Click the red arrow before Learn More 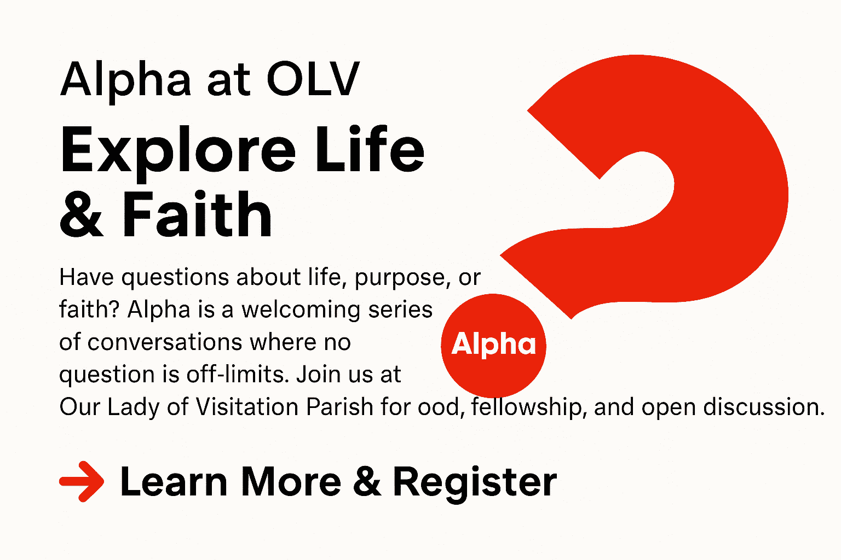(x=82, y=481)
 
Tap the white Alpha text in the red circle (x=493, y=344)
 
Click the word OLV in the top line (x=313, y=79)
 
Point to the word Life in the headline (x=370, y=149)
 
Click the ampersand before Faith (x=81, y=215)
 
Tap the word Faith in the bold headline (x=197, y=214)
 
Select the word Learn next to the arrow (x=174, y=482)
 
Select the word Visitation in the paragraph (x=247, y=406)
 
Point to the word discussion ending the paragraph (x=764, y=406)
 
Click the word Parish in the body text (x=340, y=406)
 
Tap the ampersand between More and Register (x=367, y=482)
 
